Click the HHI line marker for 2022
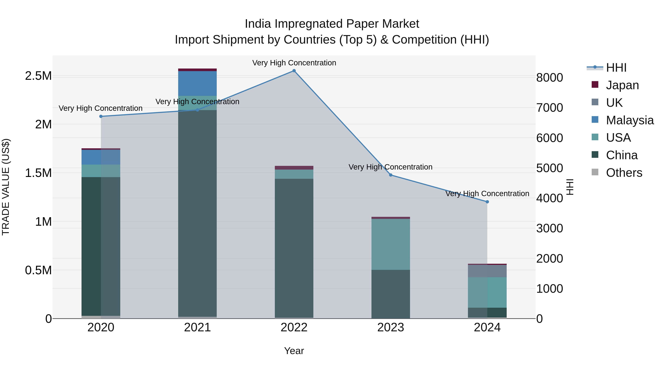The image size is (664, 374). point(294,71)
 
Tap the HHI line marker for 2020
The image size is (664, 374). point(101,116)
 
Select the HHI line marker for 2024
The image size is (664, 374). point(487,202)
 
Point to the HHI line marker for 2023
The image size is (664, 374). point(390,175)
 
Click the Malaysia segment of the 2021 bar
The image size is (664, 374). point(197,83)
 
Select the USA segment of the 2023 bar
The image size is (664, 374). point(390,244)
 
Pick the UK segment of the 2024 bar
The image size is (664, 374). point(487,271)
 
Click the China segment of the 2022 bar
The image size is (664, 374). point(294,248)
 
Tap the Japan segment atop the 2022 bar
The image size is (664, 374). point(294,168)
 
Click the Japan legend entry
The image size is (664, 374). point(622,85)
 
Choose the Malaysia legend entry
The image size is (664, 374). point(630,120)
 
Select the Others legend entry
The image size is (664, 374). point(624,173)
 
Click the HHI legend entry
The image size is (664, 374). point(616,68)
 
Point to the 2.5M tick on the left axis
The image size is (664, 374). point(38,76)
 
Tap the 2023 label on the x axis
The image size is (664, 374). point(390,327)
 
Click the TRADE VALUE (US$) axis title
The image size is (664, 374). point(6,187)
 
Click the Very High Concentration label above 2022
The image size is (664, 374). point(294,63)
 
